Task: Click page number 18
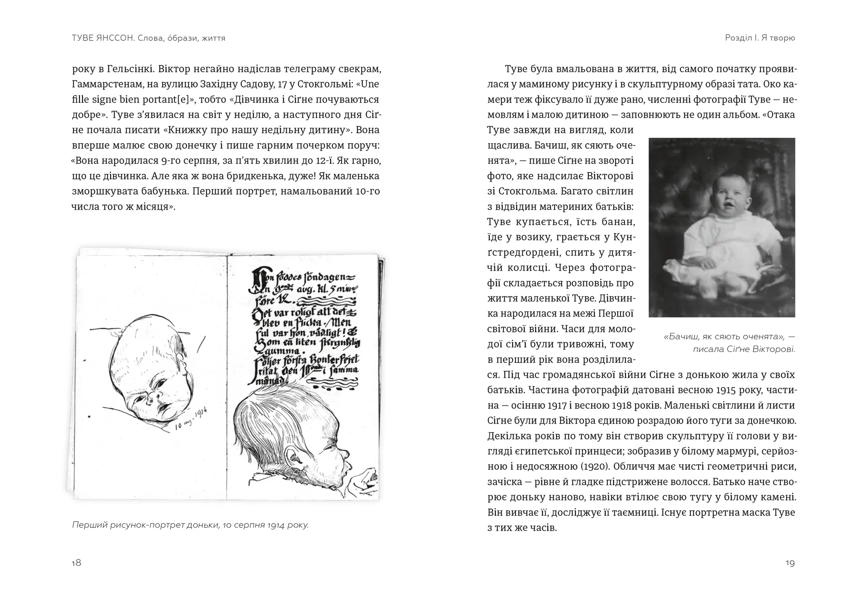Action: (x=76, y=563)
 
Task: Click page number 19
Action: (x=790, y=563)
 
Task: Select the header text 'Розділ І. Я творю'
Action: (x=760, y=38)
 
